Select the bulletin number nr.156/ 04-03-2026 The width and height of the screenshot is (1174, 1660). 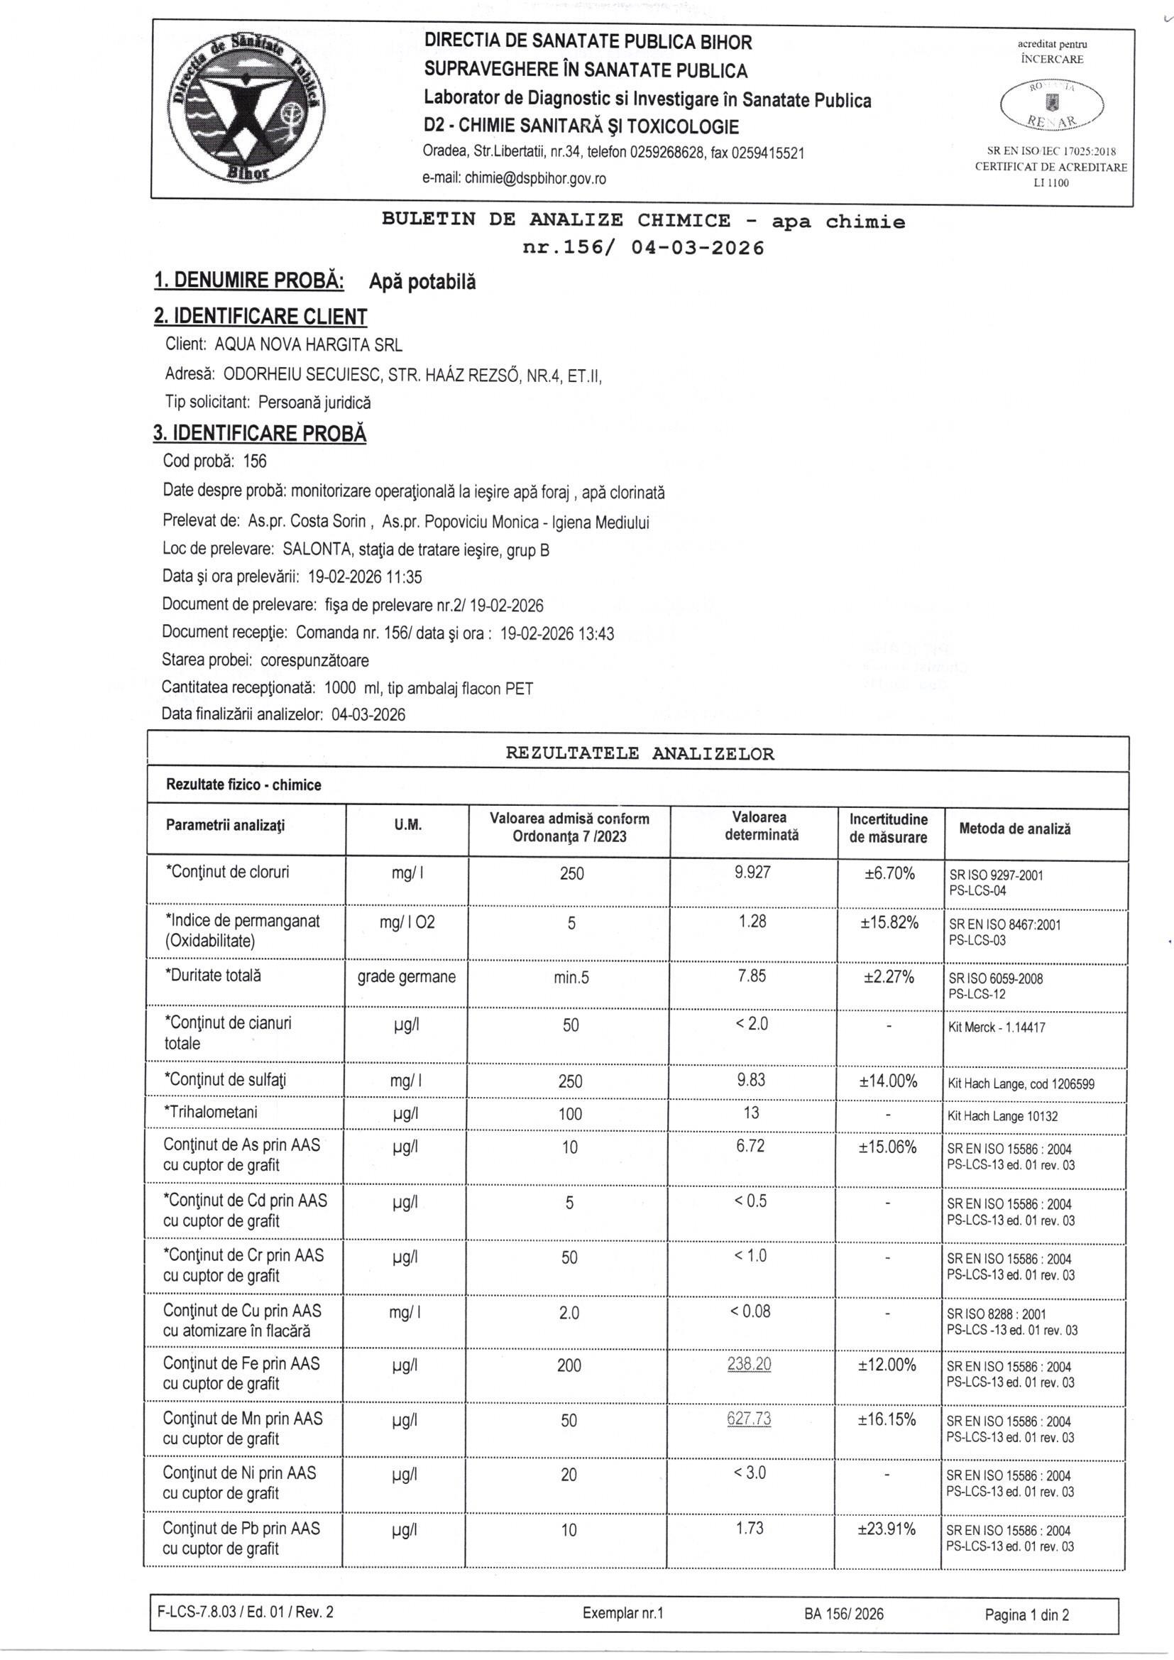pyautogui.click(x=642, y=248)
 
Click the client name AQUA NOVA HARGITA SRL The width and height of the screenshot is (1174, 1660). pyautogui.click(x=309, y=345)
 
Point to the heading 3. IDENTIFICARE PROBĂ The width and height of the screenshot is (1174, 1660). pyautogui.click(x=260, y=433)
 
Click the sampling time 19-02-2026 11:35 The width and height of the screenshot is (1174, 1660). pyautogui.click(x=365, y=577)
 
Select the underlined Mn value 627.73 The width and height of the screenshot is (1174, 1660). pyautogui.click(x=749, y=1419)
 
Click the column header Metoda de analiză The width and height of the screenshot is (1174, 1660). pyautogui.click(x=1014, y=829)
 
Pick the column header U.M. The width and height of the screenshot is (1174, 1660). pyautogui.click(x=407, y=826)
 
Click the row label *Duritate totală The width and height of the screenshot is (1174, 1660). pyautogui.click(x=214, y=976)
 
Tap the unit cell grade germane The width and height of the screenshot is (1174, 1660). pyautogui.click(x=406, y=977)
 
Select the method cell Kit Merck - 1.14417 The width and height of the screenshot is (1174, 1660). pyautogui.click(x=996, y=1027)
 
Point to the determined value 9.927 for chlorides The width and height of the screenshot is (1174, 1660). pyautogui.click(x=752, y=872)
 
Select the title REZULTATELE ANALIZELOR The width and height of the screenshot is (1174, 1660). pyautogui.click(x=639, y=754)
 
